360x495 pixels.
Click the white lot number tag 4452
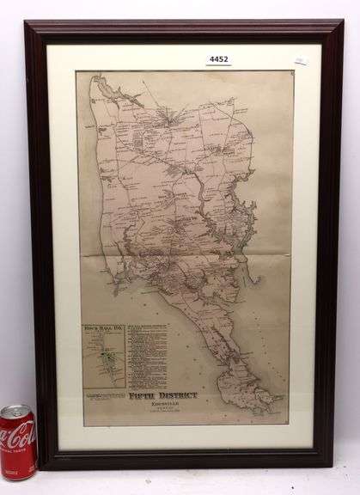click(219, 59)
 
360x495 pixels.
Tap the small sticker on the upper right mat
click(300, 60)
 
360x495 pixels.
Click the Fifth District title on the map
click(162, 394)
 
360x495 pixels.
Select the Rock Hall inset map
click(104, 355)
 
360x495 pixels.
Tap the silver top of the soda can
click(15, 411)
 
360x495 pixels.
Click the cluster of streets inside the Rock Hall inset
click(104, 361)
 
